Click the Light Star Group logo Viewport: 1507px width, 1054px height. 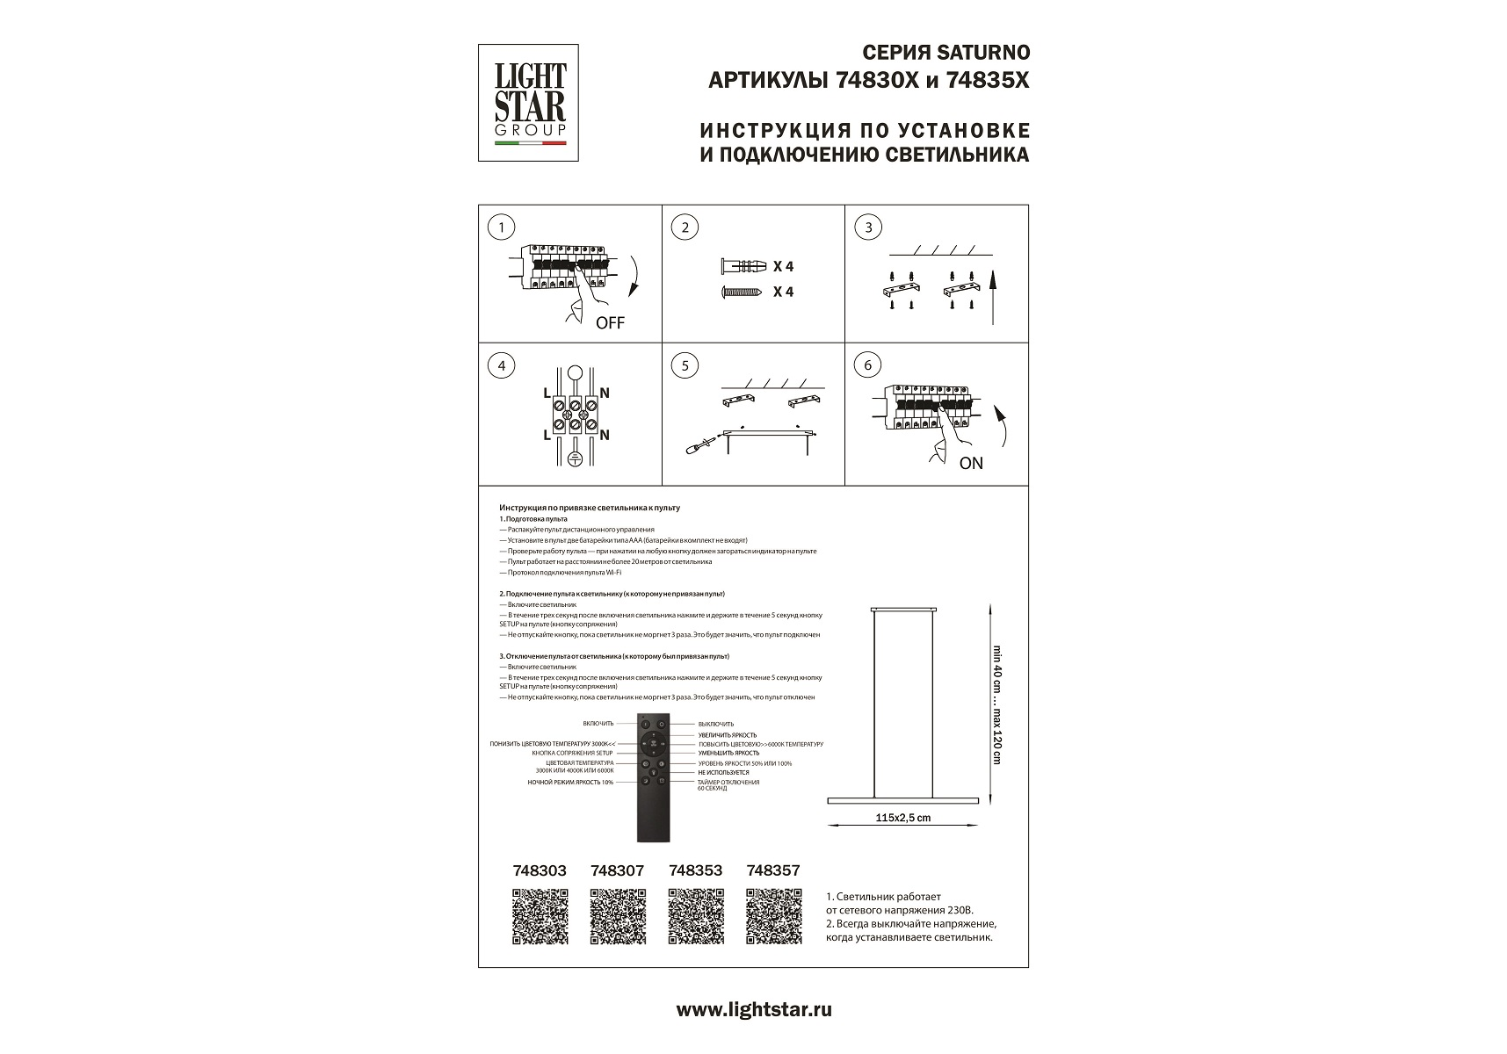click(528, 103)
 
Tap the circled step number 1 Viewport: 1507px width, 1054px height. click(501, 227)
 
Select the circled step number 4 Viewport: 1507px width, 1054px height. click(501, 365)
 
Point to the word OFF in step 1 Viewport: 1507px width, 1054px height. click(610, 323)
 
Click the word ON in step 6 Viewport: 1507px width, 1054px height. click(971, 463)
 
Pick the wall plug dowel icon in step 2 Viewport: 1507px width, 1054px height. click(743, 266)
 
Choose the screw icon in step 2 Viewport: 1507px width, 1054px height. click(743, 292)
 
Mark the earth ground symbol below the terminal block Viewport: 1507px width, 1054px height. click(575, 458)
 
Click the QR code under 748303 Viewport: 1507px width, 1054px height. click(540, 916)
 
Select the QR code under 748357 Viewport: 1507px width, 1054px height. click(773, 916)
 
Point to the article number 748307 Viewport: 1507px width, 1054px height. click(617, 870)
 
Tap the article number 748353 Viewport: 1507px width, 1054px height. click(695, 870)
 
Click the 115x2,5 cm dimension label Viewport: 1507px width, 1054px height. click(902, 818)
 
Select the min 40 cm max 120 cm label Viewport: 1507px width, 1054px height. click(996, 704)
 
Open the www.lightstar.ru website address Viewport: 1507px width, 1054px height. click(753, 1009)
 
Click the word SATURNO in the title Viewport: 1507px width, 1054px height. click(983, 54)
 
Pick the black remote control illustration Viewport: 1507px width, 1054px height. click(653, 777)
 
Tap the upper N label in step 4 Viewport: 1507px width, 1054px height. click(605, 393)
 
